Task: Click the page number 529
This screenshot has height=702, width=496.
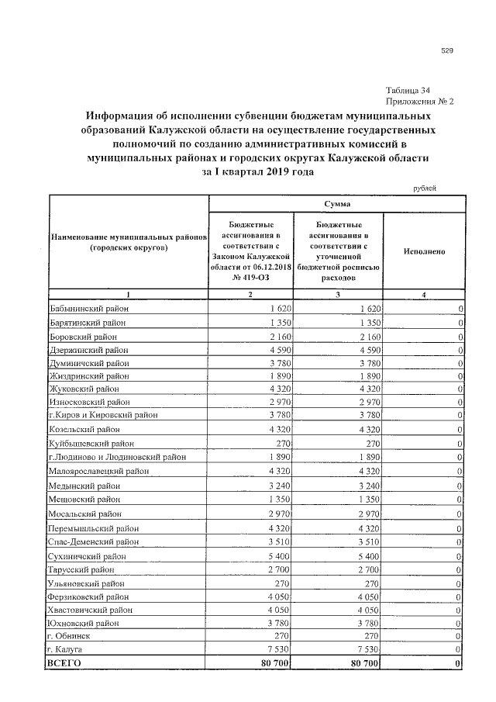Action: (447, 51)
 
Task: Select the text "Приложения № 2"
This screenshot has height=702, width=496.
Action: (419, 102)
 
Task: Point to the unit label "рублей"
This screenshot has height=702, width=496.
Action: (423, 188)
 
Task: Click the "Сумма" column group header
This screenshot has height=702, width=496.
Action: (337, 203)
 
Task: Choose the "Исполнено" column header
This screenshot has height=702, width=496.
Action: (424, 252)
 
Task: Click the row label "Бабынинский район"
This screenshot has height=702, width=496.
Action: (88, 309)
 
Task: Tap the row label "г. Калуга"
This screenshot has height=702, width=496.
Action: (65, 648)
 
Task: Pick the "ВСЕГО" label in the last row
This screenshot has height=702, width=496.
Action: (64, 663)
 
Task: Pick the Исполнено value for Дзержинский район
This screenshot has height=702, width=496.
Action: (460, 350)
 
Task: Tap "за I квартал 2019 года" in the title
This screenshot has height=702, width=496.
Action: (257, 172)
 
